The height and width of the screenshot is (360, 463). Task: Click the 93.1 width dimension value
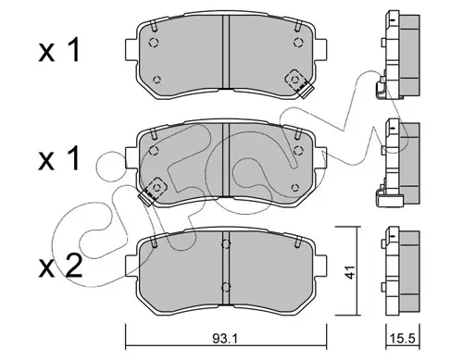[x=224, y=339]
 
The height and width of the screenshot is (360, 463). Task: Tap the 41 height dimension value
[x=350, y=271]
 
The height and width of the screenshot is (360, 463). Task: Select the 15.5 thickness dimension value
[x=404, y=339]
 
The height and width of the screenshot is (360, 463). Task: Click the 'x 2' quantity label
[x=60, y=267]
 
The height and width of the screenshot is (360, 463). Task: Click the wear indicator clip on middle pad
[x=153, y=191]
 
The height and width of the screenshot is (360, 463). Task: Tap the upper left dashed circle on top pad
[x=154, y=42]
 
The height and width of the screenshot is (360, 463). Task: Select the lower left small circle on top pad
[x=156, y=80]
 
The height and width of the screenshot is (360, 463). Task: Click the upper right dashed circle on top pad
[x=298, y=42]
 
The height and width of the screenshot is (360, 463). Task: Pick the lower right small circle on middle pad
[x=295, y=187]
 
